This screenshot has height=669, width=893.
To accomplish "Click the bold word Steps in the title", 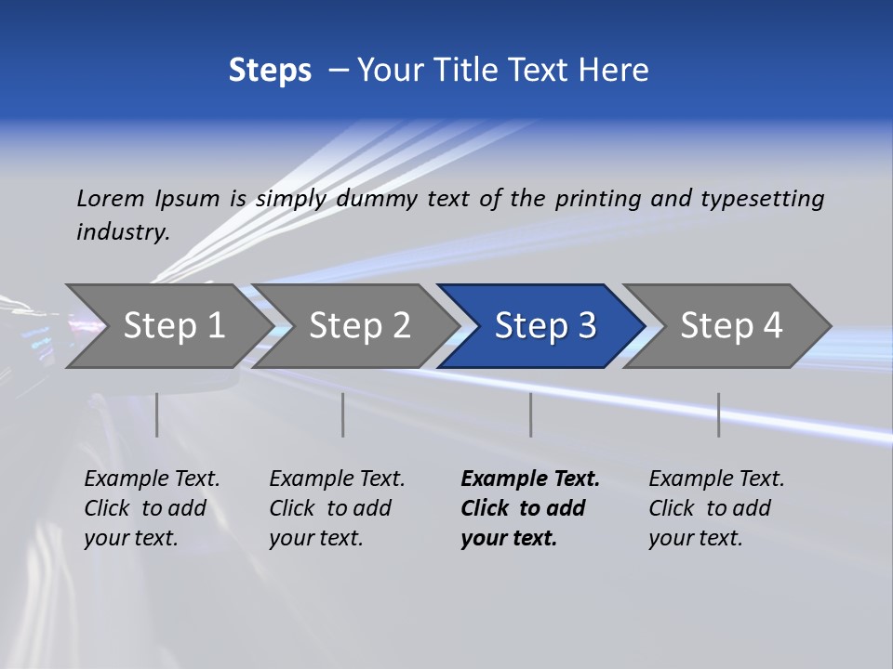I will click(270, 71).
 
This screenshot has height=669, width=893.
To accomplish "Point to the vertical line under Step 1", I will click(156, 414).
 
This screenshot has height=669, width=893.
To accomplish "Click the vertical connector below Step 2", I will click(343, 414).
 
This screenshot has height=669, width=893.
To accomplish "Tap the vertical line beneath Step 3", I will click(530, 414).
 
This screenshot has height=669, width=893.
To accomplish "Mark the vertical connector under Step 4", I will click(718, 414).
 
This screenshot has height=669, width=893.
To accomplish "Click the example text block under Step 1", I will click(151, 508).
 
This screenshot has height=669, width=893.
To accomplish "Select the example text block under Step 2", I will click(336, 508).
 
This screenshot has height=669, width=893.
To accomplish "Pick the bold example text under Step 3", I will click(529, 508).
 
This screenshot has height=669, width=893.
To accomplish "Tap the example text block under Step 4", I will click(715, 508).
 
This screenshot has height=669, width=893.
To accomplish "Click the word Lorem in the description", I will click(111, 198).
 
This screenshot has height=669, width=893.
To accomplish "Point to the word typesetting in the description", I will click(762, 198).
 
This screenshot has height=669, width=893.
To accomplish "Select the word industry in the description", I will click(122, 231).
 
